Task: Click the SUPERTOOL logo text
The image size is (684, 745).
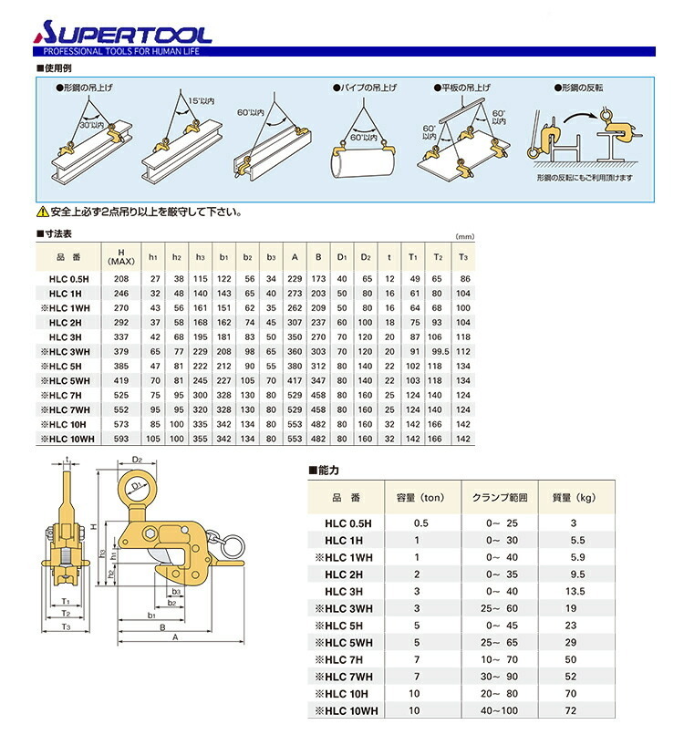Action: [x=122, y=34]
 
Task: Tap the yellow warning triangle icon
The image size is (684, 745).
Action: [x=42, y=212]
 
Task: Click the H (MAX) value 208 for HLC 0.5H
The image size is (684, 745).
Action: [x=120, y=277]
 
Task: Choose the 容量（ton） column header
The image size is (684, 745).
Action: [x=420, y=498]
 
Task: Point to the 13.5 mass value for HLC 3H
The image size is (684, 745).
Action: [x=574, y=591]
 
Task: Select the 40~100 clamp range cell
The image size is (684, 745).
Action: [x=498, y=709]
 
